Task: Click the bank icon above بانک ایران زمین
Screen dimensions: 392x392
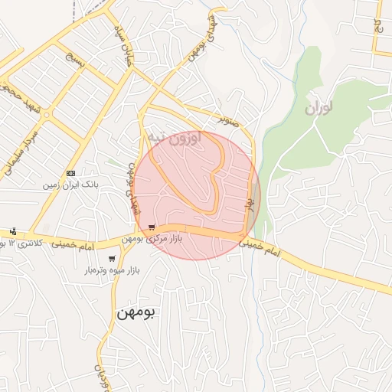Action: pos(71,174)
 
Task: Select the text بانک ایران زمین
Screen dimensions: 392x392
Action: pos(71,185)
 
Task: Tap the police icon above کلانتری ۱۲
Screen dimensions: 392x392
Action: pos(13,231)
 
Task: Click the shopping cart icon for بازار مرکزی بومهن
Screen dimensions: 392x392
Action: pos(153,227)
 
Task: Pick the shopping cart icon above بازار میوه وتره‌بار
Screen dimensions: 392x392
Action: pos(112,258)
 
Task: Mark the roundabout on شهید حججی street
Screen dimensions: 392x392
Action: pos(47,115)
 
